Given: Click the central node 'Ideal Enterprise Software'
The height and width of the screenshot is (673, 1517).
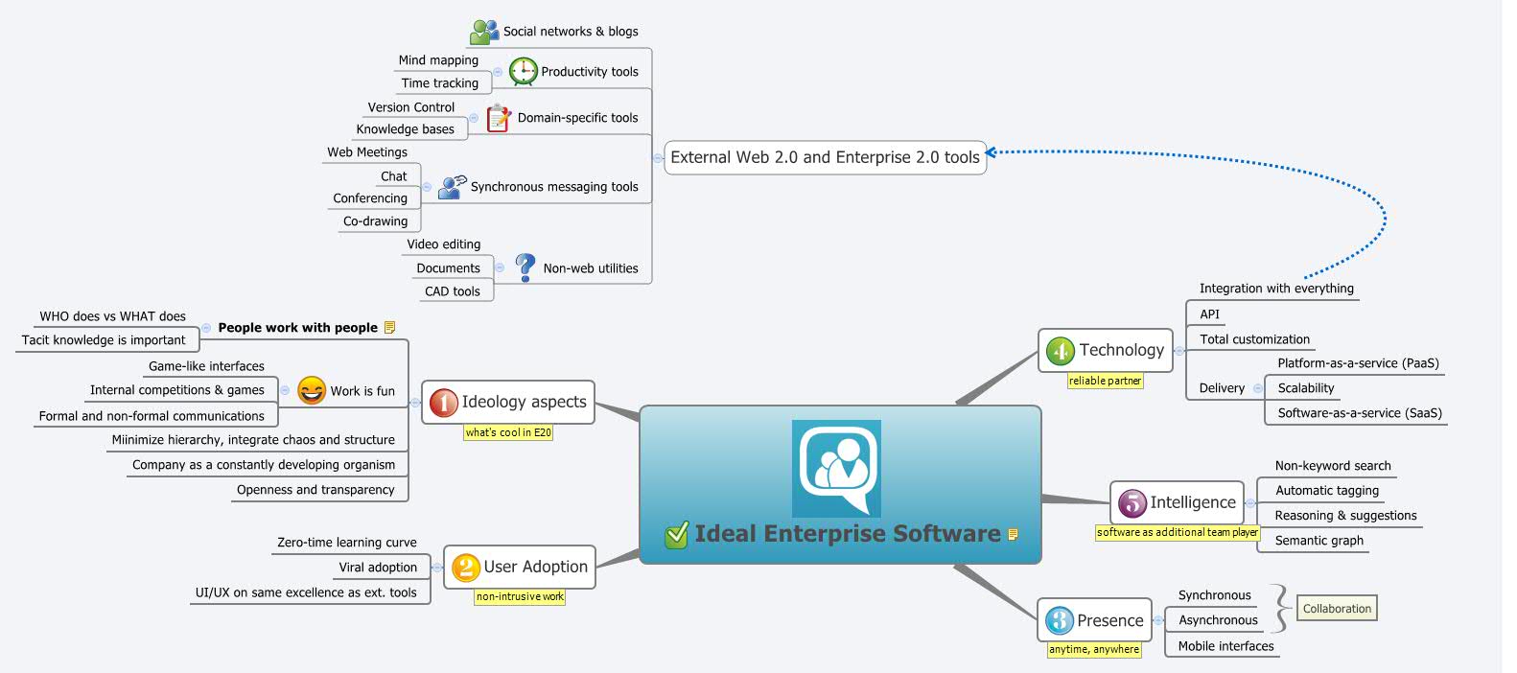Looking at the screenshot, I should point(847,534).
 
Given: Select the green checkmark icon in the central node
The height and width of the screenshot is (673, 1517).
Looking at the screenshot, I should point(676,534).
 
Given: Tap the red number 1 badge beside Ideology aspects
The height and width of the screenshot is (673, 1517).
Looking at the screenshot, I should point(443,403).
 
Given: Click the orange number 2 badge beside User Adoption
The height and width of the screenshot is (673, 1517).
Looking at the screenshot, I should point(465,568).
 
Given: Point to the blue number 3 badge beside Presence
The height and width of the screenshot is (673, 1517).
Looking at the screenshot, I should point(1059,620).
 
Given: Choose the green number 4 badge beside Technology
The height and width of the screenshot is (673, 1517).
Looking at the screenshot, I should point(1060,351).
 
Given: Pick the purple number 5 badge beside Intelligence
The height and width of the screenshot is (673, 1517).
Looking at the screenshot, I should point(1132,502).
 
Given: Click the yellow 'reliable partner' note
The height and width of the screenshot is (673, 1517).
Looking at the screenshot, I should point(1105,381).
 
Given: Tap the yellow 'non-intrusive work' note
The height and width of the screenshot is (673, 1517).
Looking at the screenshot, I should point(520,596).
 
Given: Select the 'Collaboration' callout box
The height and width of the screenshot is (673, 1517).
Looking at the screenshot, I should point(1337,609).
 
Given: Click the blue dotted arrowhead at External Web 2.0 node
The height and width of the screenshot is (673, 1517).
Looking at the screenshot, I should point(992,152).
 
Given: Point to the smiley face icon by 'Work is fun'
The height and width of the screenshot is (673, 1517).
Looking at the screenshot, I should point(312,390).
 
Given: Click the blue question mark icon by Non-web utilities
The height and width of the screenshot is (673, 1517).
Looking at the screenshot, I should point(525,267).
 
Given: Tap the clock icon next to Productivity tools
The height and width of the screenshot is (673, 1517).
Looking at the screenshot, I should point(523,71).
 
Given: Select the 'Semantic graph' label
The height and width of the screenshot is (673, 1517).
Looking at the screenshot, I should point(1319,541).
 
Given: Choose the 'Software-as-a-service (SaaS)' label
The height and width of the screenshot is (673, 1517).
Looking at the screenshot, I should point(1360,413).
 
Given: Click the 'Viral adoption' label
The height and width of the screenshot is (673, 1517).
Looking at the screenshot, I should point(378,568).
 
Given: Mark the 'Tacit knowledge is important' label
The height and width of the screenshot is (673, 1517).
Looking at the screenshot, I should point(104,340).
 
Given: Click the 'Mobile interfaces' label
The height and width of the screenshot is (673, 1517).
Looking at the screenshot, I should point(1225,646).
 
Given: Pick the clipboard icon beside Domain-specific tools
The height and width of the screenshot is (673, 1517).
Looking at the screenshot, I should point(498,118).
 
